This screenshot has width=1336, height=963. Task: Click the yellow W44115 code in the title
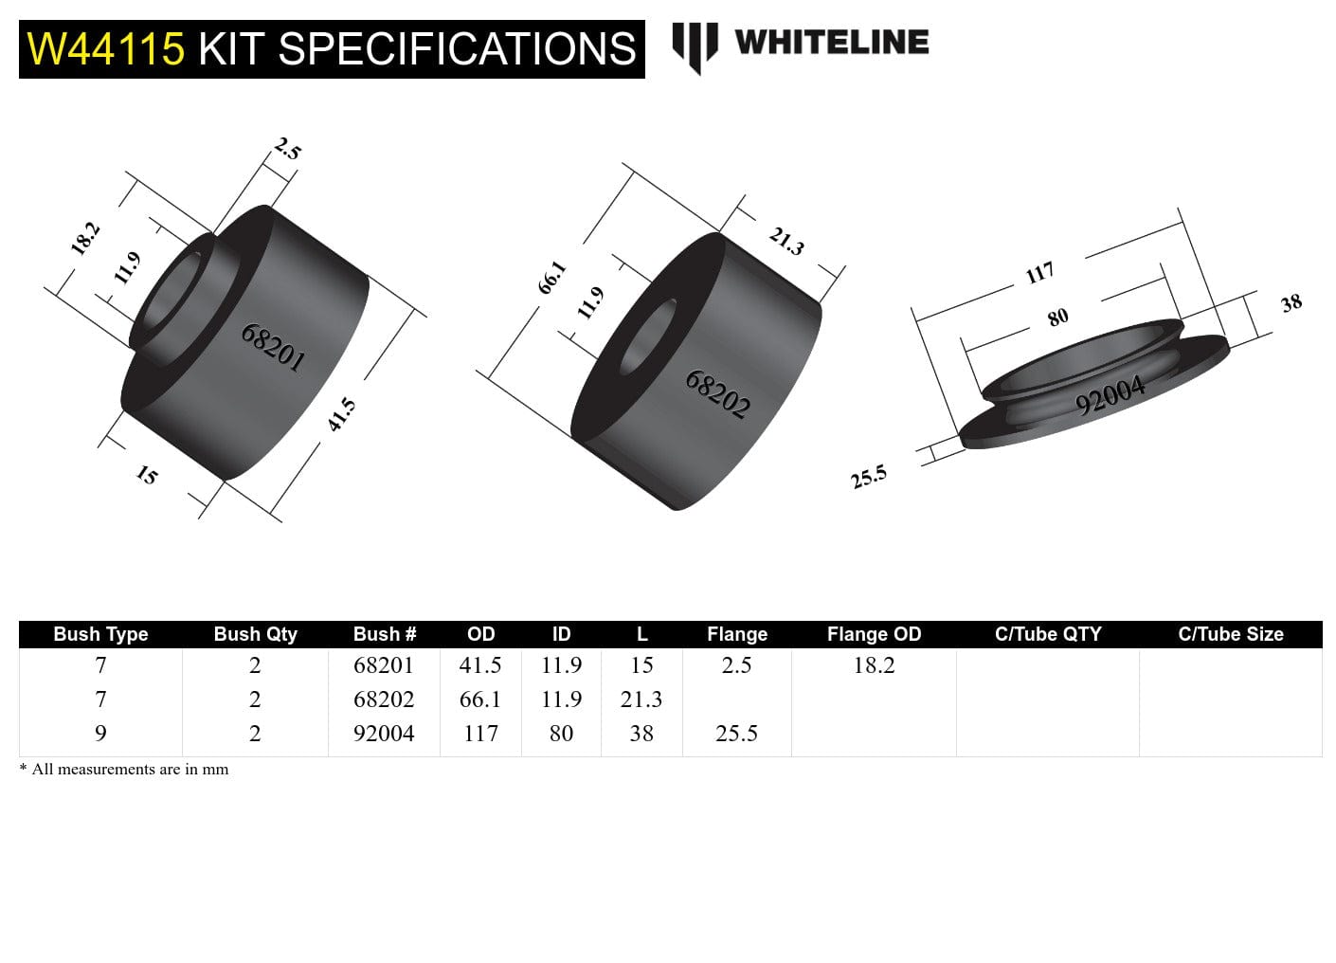[x=106, y=48]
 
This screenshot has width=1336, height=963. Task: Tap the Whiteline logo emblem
[x=695, y=46]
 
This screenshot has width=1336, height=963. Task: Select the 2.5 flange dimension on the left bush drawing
[x=287, y=150]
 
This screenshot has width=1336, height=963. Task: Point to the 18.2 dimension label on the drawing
[x=85, y=238]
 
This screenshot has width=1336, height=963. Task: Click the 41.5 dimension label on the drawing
[x=342, y=415]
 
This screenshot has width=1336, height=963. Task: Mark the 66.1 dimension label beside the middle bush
[x=551, y=277]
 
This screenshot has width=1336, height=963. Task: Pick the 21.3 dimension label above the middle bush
[x=786, y=242]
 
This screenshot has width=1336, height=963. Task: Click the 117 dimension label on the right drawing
[x=1039, y=273]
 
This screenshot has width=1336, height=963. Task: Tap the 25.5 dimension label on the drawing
[x=868, y=477]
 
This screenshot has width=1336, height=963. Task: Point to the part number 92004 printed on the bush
[x=1110, y=395]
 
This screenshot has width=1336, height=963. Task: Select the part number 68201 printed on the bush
[x=273, y=348]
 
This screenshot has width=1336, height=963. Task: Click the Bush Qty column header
[x=255, y=634]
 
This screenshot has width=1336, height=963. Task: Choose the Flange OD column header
[x=874, y=634]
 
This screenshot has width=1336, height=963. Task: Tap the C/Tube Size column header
[x=1230, y=634]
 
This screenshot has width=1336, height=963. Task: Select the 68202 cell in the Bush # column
[x=384, y=700]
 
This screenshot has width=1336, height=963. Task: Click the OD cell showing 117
[x=480, y=734]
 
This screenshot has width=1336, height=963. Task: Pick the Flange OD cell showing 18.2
[x=874, y=665]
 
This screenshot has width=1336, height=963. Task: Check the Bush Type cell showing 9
[x=100, y=734]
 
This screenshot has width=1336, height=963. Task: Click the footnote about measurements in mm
[x=124, y=770]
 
